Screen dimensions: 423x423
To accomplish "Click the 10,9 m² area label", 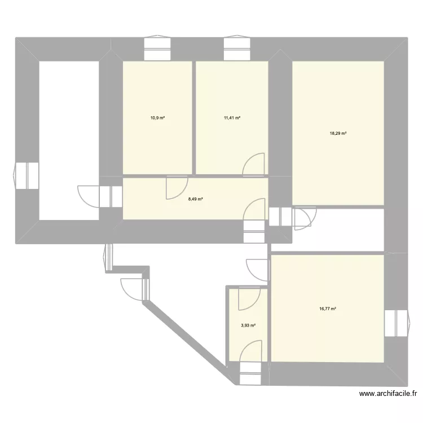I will (157, 118).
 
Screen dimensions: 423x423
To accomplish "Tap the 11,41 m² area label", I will (232, 118).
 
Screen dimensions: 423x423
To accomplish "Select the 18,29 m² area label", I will (338, 134).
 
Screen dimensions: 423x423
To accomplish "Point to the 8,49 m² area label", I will (196, 199).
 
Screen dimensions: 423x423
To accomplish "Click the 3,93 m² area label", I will (249, 325).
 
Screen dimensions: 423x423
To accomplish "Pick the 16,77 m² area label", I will (327, 309).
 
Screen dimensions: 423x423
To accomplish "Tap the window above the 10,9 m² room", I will (157, 49).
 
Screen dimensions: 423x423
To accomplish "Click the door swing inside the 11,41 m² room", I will (254, 164).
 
